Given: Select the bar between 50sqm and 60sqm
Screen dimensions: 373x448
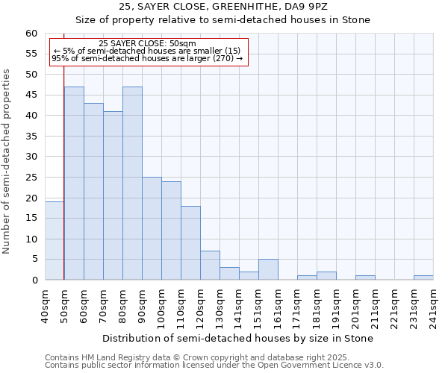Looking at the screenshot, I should click(x=74, y=184).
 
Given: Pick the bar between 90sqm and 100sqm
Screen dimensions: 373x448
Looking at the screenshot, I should click(x=152, y=228).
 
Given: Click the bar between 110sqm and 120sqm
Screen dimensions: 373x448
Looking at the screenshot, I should click(x=190, y=243).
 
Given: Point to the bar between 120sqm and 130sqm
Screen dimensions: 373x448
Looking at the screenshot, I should click(x=210, y=266).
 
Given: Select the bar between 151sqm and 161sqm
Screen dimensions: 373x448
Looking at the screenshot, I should click(x=268, y=269).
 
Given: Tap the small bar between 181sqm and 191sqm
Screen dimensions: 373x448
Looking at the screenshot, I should click(x=326, y=276).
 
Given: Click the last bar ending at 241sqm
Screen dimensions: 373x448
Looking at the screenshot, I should click(x=423, y=278).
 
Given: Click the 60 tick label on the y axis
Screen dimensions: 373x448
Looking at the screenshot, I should click(x=31, y=34).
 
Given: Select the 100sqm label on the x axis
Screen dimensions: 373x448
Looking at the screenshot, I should click(x=162, y=306).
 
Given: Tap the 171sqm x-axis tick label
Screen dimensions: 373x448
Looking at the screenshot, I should click(x=297, y=306).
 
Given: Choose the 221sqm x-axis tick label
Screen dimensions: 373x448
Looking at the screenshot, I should click(x=394, y=306).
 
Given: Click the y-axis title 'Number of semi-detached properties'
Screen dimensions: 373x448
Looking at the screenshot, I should click(x=7, y=161).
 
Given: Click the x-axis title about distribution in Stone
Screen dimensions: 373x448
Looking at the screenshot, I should click(x=237, y=338).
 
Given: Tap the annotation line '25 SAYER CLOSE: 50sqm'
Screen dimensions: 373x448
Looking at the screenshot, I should click(x=147, y=43).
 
